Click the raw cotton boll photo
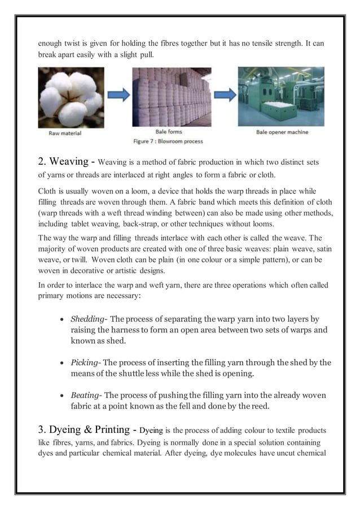[x=71, y=98]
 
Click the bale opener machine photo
[x=280, y=96]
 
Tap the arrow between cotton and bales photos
[x=117, y=94]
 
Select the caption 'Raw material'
[x=64, y=133]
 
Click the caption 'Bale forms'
[x=167, y=133]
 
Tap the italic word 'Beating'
[x=85, y=396]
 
